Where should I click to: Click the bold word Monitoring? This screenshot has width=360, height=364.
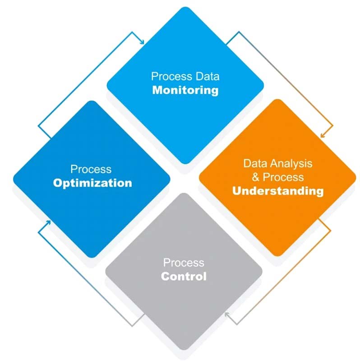(185, 90)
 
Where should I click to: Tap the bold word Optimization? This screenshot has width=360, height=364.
(92, 183)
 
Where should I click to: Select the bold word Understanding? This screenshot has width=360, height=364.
(278, 191)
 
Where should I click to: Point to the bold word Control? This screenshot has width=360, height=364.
(184, 276)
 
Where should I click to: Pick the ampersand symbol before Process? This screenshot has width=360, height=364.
(255, 177)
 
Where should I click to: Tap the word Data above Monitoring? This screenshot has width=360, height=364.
(207, 76)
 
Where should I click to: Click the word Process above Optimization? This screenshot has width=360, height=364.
(91, 169)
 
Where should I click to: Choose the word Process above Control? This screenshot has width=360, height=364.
(184, 263)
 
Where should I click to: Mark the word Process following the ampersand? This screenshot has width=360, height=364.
(283, 177)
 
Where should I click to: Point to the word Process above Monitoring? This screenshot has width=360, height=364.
(172, 76)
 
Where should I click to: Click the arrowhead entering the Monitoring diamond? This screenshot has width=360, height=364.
(142, 42)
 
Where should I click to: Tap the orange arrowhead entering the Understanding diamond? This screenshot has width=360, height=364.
(323, 135)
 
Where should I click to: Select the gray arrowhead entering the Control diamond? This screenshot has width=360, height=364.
(227, 315)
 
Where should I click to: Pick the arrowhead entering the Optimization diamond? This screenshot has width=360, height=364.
(48, 223)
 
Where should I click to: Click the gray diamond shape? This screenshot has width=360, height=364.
(184, 272)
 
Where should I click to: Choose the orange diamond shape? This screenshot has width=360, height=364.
(277, 178)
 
